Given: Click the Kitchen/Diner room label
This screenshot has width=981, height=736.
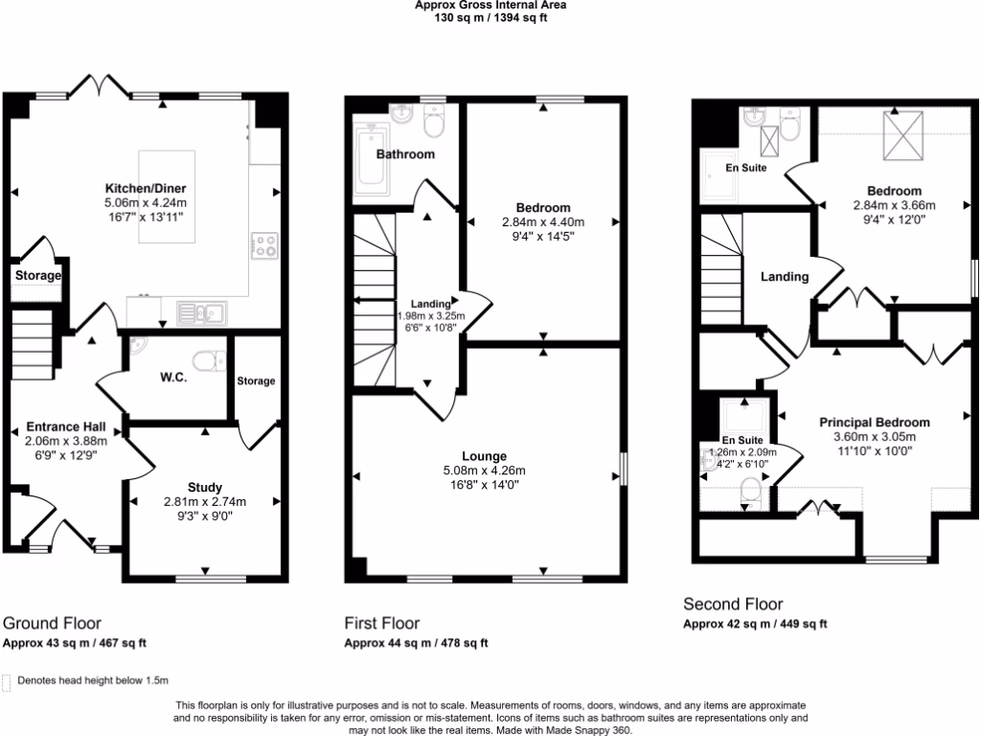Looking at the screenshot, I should pos(145,189).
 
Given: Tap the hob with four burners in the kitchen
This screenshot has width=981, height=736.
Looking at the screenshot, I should pos(264,246).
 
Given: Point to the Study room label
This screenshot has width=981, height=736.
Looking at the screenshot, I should pos(205,487).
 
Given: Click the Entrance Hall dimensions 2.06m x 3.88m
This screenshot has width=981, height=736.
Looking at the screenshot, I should pos(65,442).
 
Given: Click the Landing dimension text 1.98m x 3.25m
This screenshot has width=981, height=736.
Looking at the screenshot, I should pos(430,316).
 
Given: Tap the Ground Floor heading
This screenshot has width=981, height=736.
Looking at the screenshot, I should pos(52,623).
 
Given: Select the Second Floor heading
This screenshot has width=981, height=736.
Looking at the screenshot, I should pos(733,604).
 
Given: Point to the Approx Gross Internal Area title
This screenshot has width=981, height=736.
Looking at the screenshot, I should pos(490,6).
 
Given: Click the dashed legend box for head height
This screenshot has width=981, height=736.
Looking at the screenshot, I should pos(8,681).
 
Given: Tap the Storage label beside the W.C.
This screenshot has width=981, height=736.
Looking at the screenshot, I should pos(256,380).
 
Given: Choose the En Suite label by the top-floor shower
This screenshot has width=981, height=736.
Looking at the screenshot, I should pos(744,168).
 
